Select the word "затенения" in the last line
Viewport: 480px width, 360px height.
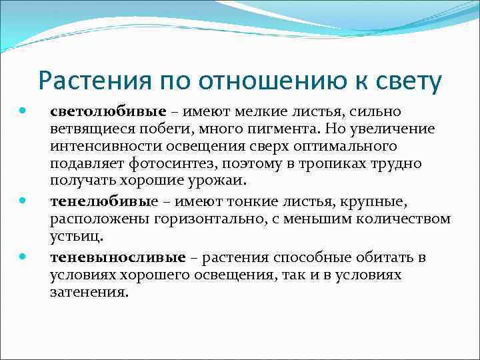point(87,293)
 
